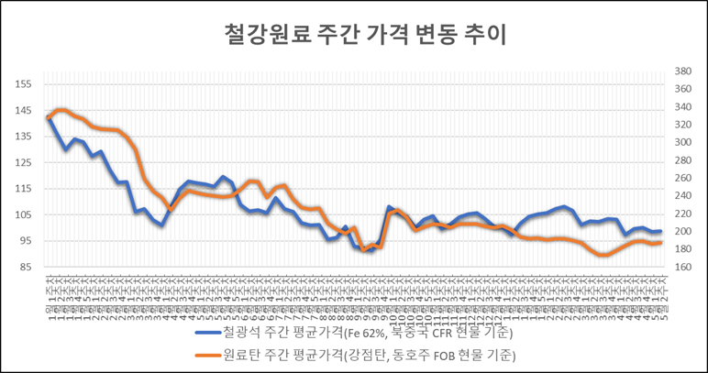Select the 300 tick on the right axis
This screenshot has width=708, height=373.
click(x=682, y=142)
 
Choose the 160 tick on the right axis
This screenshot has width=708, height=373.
click(x=682, y=267)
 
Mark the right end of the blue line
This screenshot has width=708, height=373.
click(x=661, y=231)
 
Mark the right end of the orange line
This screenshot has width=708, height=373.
click(x=661, y=243)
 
